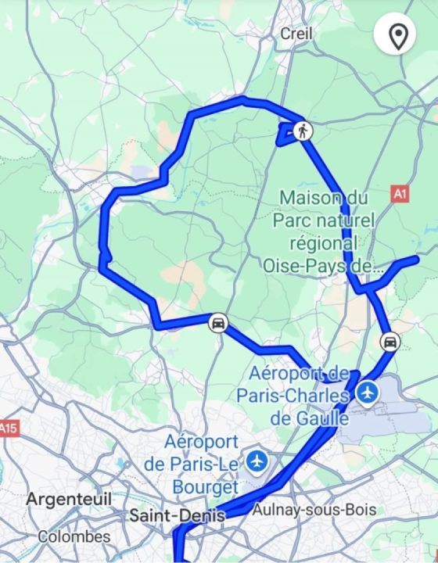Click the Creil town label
[296, 34]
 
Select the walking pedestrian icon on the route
[303, 131]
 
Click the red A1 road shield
[400, 192]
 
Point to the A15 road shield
[8, 429]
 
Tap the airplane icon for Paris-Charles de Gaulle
[366, 393]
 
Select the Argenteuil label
[69, 499]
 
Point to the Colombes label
[74, 537]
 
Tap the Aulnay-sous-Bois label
[314, 510]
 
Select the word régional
[316, 243]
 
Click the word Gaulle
[320, 418]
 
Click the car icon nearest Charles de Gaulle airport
[389, 342]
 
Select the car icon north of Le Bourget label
[218, 323]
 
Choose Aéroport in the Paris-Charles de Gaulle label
[290, 372]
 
